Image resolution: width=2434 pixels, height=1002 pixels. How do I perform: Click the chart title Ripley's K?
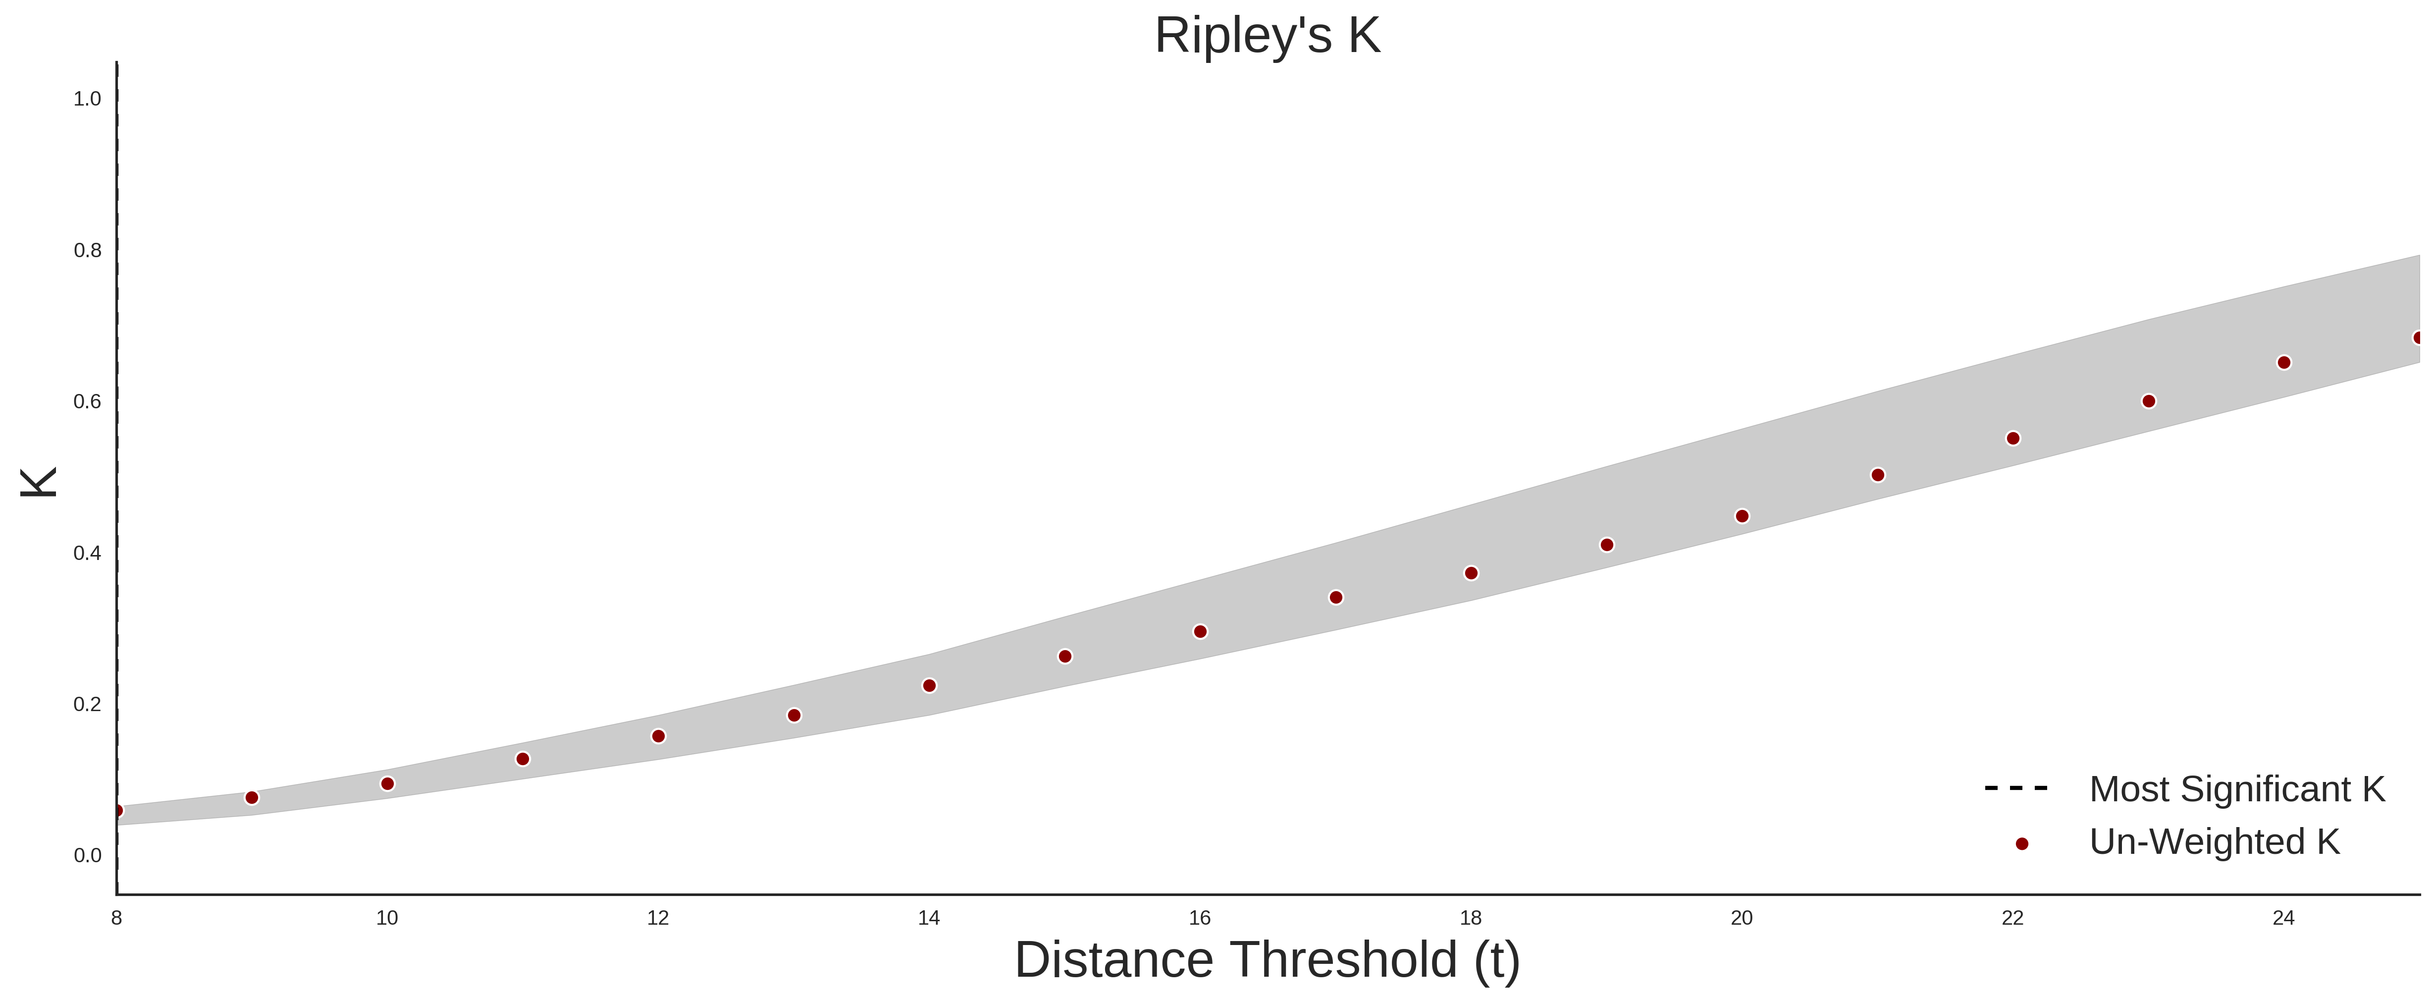(1267, 36)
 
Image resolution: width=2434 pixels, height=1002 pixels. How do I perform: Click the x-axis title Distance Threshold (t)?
(1267, 959)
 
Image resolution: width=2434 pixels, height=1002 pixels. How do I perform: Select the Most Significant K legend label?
(2236, 788)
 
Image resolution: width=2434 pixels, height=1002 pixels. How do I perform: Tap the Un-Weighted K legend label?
(2214, 841)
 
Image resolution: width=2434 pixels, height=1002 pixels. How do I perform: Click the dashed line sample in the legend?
(2016, 787)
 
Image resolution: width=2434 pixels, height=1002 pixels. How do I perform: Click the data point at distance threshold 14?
(929, 685)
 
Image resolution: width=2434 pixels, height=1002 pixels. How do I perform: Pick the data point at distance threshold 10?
(387, 783)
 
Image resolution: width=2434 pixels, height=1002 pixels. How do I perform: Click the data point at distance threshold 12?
(659, 736)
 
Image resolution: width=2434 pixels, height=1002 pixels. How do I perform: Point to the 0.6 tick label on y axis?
(87, 402)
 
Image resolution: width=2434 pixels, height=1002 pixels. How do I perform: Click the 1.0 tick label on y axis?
(87, 99)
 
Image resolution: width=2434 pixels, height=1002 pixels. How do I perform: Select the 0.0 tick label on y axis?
(87, 855)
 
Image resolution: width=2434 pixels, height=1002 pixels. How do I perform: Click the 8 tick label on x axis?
(116, 918)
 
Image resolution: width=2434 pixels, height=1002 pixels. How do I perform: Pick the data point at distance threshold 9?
(251, 798)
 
